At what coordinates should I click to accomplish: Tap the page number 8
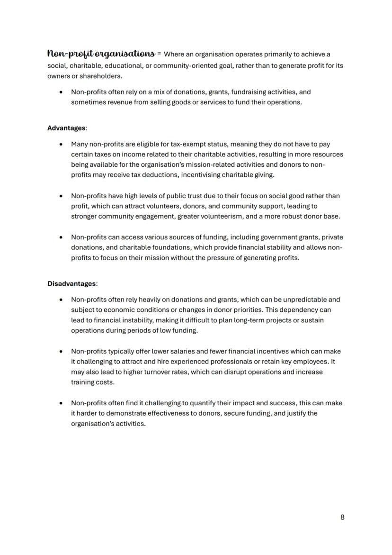point(342,517)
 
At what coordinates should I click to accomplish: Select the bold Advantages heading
point(67,128)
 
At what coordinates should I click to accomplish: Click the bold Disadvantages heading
point(71,283)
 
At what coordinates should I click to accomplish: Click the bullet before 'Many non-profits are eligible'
point(61,144)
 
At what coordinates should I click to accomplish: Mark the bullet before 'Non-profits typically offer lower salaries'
point(61,352)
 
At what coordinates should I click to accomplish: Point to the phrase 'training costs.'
point(93,382)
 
